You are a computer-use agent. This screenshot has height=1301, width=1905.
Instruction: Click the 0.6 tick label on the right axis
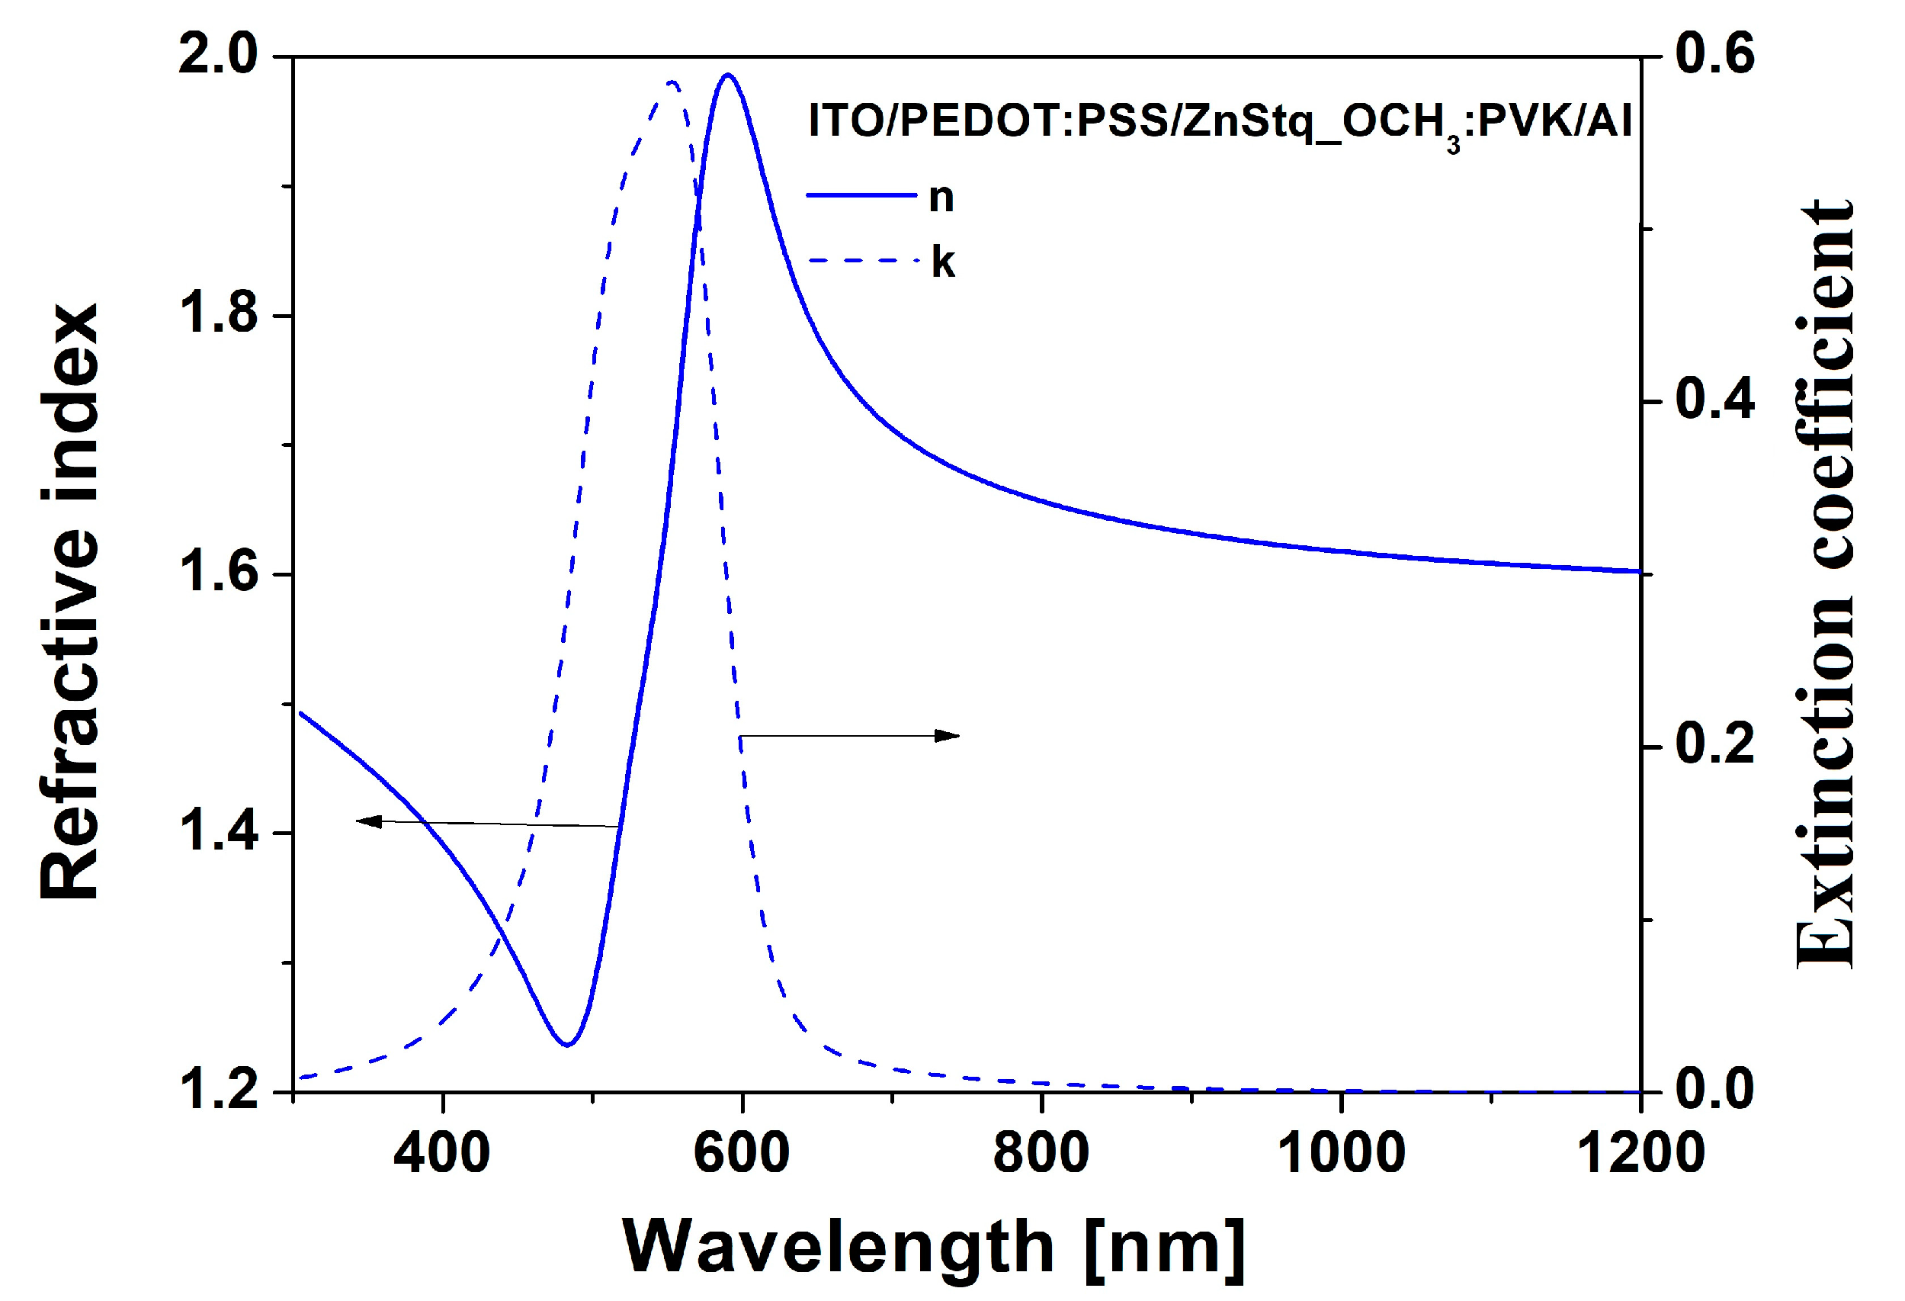pyautogui.click(x=1715, y=54)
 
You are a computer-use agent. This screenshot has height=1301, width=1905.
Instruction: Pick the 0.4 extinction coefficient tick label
pyautogui.click(x=1715, y=400)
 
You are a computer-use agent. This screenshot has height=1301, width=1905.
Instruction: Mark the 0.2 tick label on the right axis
pyautogui.click(x=1715, y=745)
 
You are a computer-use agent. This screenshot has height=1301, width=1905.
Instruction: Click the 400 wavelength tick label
pyautogui.click(x=442, y=1152)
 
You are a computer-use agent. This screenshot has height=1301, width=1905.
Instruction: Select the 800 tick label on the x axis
pyautogui.click(x=1041, y=1152)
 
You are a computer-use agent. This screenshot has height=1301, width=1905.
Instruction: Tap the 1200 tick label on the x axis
pyautogui.click(x=1640, y=1152)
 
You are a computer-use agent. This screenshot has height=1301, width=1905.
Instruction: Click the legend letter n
pyautogui.click(x=941, y=198)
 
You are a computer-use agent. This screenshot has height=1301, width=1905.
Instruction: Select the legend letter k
pyautogui.click(x=943, y=263)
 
